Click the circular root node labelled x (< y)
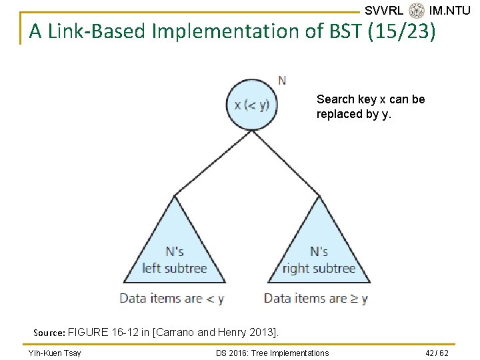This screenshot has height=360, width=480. coord(251,105)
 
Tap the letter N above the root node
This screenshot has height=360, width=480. coord(282,81)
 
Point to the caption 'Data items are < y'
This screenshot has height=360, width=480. coord(172,298)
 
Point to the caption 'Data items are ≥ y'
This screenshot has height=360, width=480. coord(316,298)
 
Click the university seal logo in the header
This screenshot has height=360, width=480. coord(417,11)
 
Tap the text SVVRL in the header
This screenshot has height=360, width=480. coord(384,11)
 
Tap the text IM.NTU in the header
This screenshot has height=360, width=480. coord(450,11)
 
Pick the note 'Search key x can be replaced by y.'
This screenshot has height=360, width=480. coord(371,106)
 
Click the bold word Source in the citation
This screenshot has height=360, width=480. coord(49,332)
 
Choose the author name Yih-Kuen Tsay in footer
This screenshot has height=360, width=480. coord(55,353)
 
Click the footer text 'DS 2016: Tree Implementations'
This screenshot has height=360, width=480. coord(273,353)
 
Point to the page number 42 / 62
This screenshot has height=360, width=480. coord(437,353)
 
